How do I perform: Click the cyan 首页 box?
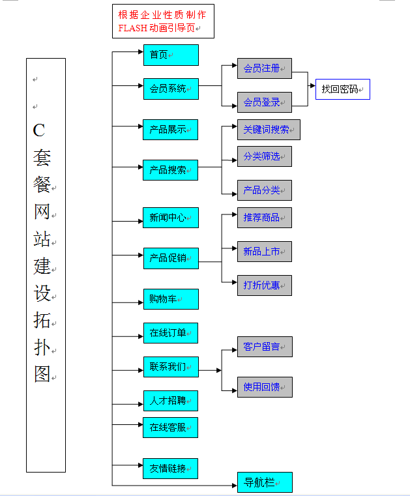point(170,55)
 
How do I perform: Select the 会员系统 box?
point(170,89)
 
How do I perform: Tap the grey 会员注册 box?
point(264,68)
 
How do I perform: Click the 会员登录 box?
point(264,102)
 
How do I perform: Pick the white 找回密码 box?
point(342,89)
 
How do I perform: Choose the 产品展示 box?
point(170,130)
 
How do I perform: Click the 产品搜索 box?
point(170,170)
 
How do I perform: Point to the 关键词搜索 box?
point(269,130)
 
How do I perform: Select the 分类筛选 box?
point(264,156)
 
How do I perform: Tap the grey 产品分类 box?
point(264,190)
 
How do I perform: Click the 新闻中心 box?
point(170,218)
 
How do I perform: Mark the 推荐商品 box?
point(264,218)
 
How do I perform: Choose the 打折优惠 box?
point(264,285)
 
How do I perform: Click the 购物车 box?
point(170,299)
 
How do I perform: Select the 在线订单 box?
point(170,333)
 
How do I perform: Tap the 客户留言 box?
point(264,347)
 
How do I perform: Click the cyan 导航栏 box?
point(264,483)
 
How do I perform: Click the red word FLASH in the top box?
point(133,28)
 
